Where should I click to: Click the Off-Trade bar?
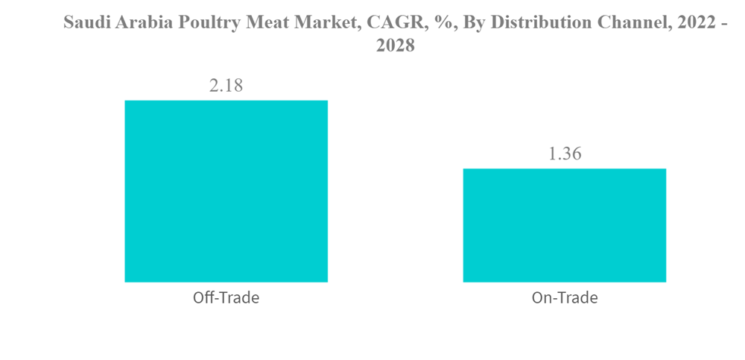pos(226,191)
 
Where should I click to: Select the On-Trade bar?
pos(564,225)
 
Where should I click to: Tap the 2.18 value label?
pos(226,86)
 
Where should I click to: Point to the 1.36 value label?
pos(564,154)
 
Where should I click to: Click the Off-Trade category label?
pos(226,298)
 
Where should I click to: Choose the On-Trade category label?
pos(564,298)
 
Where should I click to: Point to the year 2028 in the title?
pos(395,46)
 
